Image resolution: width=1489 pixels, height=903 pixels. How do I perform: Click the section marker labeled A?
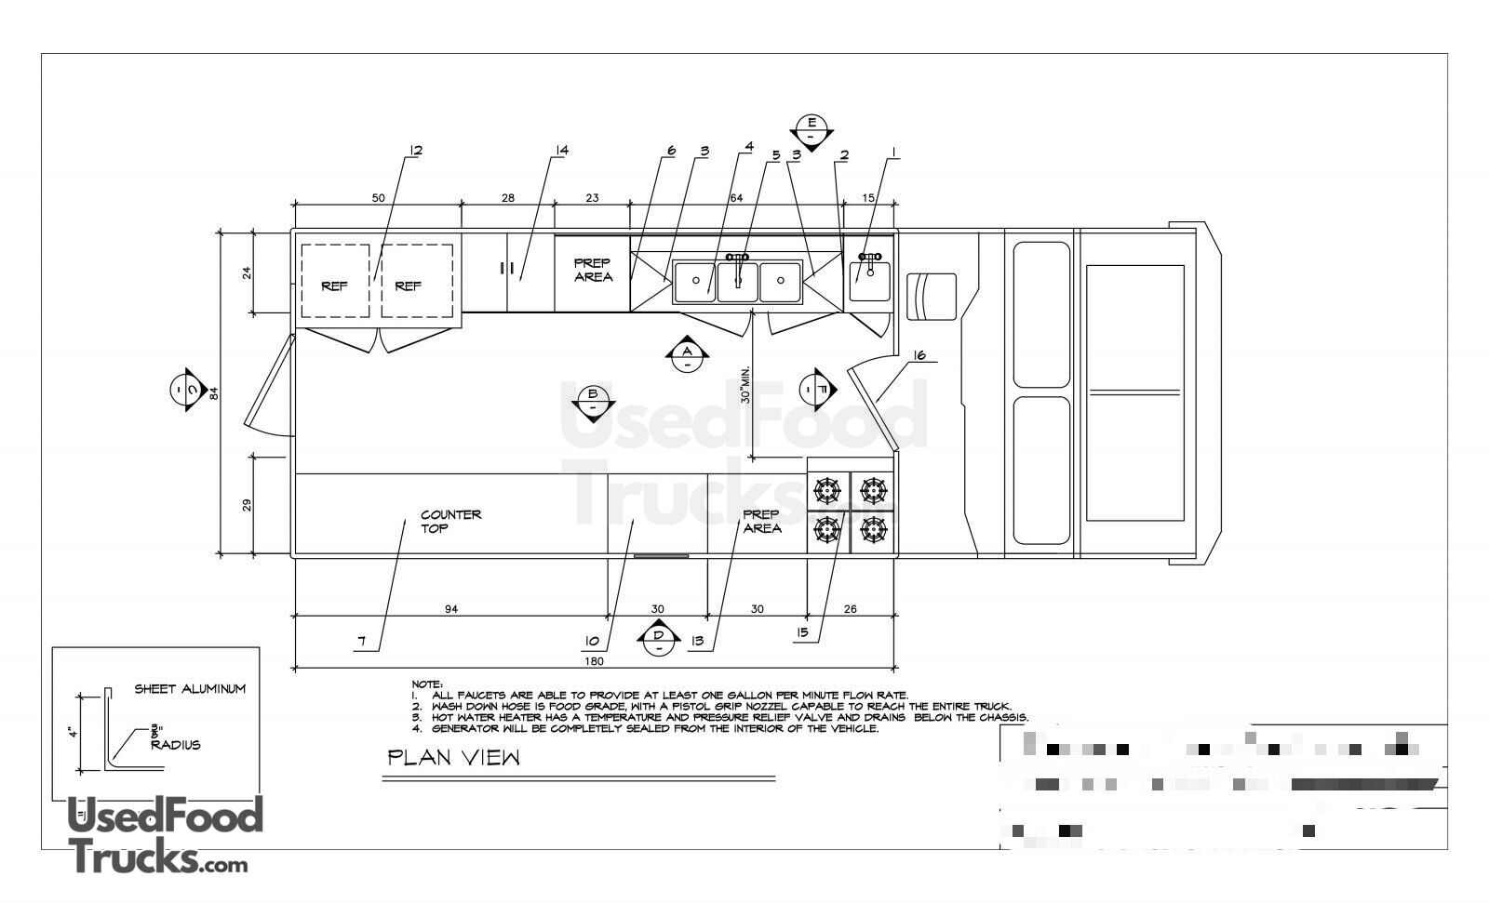687,352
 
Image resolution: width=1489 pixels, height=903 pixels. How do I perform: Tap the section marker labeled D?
658,637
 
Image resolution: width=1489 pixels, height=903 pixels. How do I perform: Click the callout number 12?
415,150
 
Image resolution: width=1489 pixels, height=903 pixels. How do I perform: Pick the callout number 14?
561,150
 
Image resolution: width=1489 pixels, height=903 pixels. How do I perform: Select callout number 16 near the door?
919,355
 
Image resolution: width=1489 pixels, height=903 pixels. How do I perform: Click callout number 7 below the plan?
362,642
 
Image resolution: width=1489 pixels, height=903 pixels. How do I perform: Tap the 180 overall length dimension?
595,661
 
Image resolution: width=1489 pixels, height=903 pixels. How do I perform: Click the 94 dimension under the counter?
451,609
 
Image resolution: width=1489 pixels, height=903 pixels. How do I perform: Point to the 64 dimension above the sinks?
736,197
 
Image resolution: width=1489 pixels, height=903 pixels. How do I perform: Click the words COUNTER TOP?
450,521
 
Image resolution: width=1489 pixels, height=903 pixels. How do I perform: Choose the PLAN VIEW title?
454,758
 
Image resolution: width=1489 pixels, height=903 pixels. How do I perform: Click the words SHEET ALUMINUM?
190,689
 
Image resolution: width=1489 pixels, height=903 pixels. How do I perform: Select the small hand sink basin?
870,280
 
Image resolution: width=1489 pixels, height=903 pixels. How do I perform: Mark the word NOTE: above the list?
428,684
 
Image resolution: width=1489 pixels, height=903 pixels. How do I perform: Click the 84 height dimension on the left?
213,392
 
